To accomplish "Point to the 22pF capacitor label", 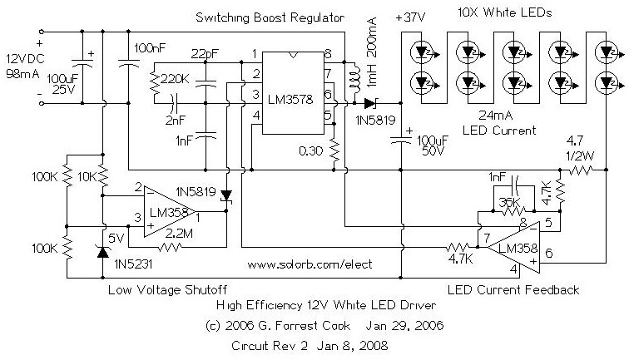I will (x=206, y=55).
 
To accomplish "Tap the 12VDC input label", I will (x=22, y=62).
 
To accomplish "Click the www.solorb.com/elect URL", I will (x=310, y=264).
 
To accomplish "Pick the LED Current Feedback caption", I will (x=513, y=289).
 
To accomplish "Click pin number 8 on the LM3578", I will (x=329, y=55).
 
